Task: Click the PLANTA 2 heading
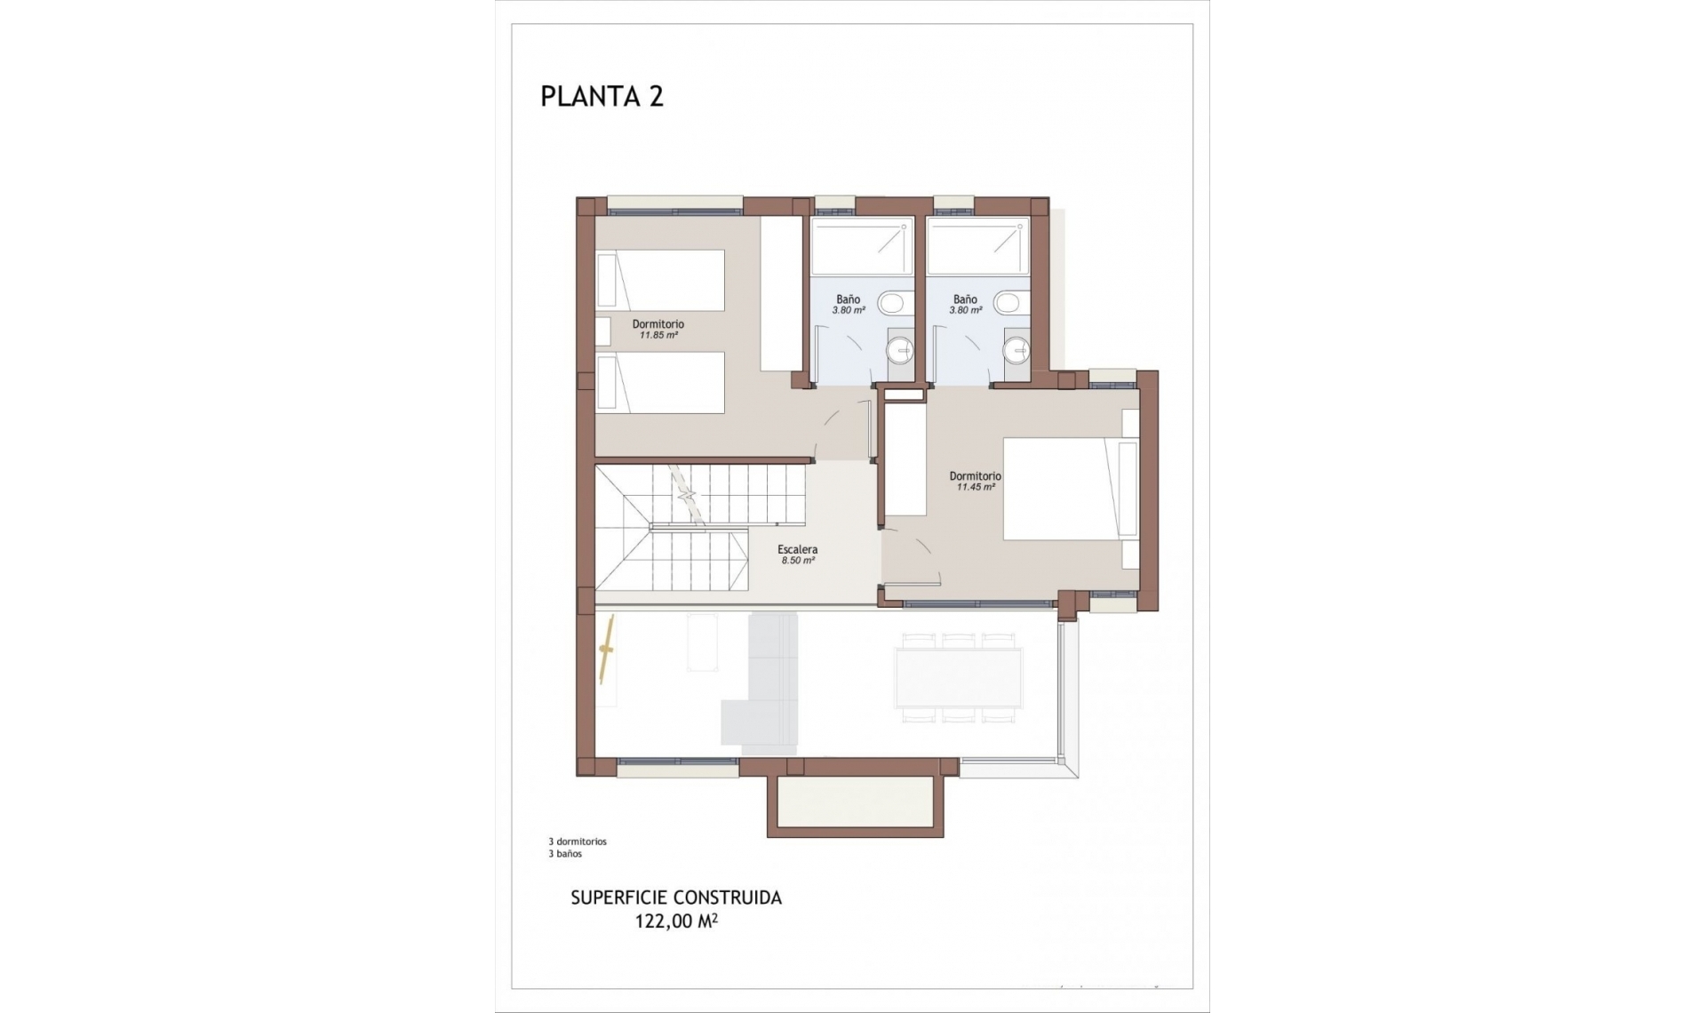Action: [602, 96]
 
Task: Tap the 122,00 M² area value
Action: [675, 921]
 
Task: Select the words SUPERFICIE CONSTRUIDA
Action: [675, 897]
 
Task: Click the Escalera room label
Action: [797, 549]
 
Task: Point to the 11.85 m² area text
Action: [658, 336]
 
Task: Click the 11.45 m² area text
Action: [975, 487]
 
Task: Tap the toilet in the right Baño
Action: [1008, 303]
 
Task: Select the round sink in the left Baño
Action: [899, 351]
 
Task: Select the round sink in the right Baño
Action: [1016, 351]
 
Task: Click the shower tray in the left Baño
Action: [861, 246]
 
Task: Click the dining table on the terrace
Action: [959, 677]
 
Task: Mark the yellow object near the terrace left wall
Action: [608, 650]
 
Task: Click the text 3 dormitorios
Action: [578, 841]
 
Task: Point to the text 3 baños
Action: [565, 854]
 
